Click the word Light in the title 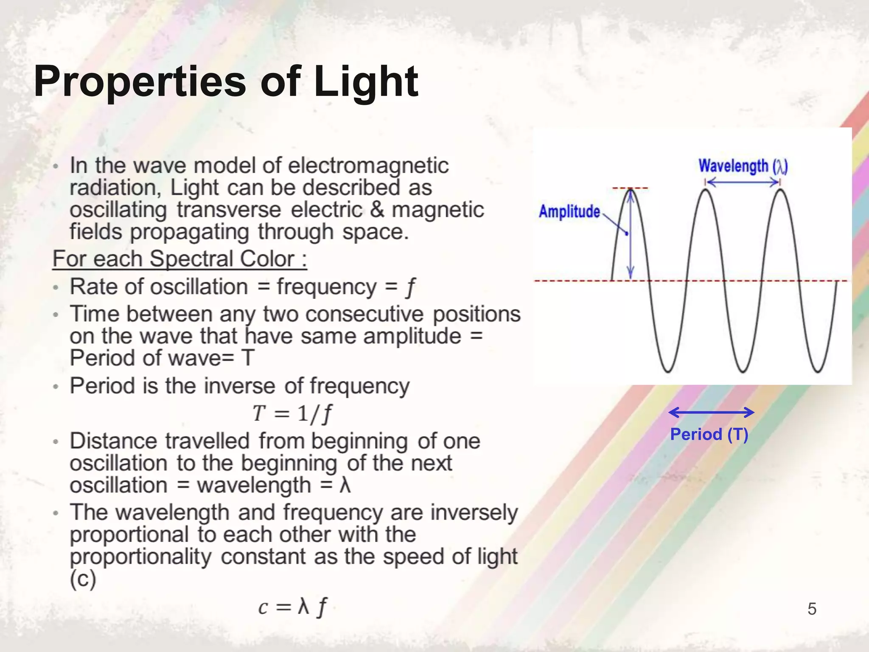(366, 81)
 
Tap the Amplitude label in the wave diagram (569, 211)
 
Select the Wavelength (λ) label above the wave (743, 166)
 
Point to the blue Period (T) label (709, 434)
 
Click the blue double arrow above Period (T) (711, 412)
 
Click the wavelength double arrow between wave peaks (743, 183)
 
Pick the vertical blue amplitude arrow (631, 233)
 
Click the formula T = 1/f (292, 413)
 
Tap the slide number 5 (812, 609)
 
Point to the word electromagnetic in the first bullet (368, 166)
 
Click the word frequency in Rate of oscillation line (327, 287)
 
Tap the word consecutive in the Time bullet (364, 315)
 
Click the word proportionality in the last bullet (140, 556)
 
